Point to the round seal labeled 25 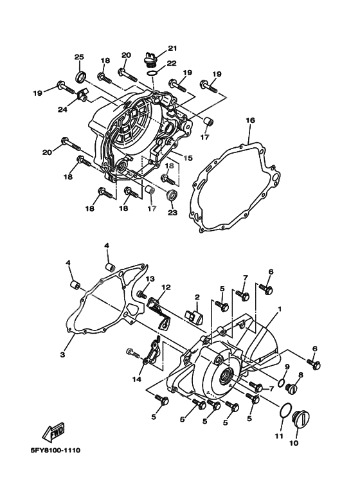pos(81,78)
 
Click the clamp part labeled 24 pos(82,98)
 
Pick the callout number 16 pos(250,120)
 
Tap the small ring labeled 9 pos(283,377)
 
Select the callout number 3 pos(63,355)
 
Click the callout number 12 pos(166,287)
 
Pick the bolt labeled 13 pos(143,294)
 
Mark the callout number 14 pos(137,379)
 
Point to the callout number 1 pos(280,309)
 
